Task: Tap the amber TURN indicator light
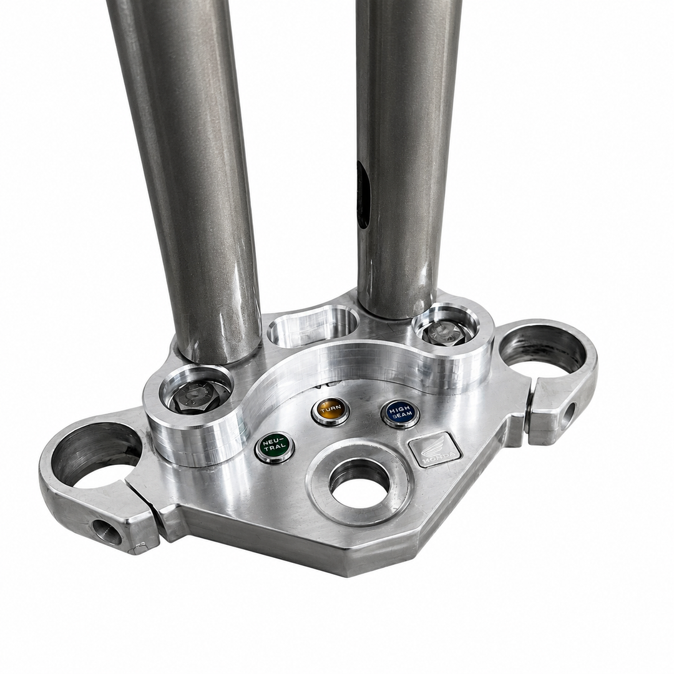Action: (x=331, y=409)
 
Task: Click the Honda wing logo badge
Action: (x=435, y=449)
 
